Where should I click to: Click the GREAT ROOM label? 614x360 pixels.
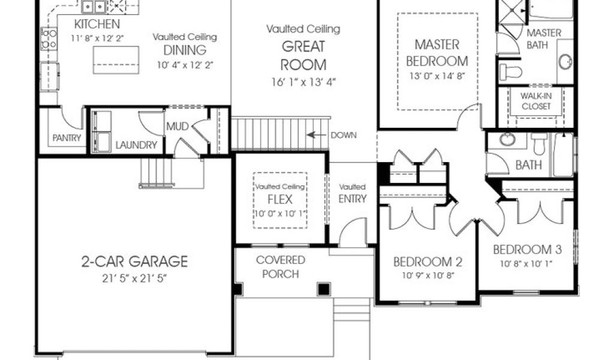(303, 56)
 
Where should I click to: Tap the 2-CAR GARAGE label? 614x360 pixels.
(134, 261)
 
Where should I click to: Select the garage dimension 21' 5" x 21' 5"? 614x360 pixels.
(134, 278)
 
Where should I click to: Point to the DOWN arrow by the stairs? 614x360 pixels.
(317, 135)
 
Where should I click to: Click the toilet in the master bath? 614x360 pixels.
(511, 72)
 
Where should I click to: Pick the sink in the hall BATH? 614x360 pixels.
(507, 139)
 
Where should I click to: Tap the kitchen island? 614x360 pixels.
(116, 60)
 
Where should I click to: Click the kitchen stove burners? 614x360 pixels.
(49, 39)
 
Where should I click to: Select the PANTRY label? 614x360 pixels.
(67, 138)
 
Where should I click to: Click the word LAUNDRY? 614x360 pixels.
(136, 145)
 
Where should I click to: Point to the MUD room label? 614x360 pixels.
(177, 127)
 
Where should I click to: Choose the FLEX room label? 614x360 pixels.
(280, 199)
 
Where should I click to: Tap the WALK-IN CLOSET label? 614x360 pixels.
(536, 101)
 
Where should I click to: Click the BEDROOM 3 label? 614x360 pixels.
(527, 250)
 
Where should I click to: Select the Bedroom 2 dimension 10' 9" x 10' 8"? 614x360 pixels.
(428, 275)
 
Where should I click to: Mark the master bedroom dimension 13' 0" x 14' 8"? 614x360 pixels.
(437, 76)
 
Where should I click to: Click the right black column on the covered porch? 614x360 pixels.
(324, 289)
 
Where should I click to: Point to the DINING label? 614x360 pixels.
(185, 50)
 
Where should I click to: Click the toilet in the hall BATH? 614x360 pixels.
(539, 144)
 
